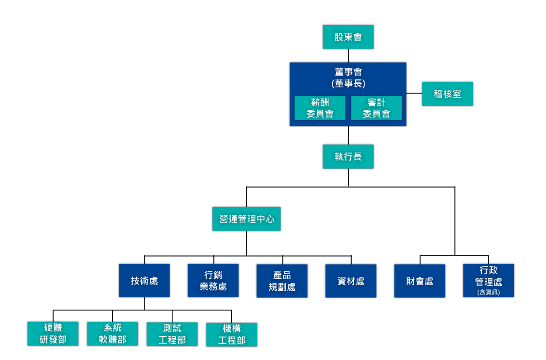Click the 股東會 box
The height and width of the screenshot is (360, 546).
point(348,37)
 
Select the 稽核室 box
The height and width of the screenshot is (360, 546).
point(447,94)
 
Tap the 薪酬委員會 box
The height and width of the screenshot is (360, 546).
point(320,108)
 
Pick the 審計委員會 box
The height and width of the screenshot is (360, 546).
point(376,108)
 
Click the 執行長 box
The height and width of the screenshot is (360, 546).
point(348,156)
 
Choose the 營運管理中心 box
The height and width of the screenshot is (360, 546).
point(246,219)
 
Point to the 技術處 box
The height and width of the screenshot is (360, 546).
point(144,280)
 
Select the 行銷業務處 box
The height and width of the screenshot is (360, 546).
point(213,280)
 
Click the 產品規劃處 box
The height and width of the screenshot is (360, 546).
point(282,280)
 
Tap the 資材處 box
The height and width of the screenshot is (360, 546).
point(351,280)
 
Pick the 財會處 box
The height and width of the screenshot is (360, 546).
point(420,280)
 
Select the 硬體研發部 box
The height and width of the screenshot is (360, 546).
point(53,333)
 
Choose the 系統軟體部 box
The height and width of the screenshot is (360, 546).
point(113,333)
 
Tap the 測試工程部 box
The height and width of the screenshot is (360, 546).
point(172,333)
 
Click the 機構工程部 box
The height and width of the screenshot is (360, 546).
point(232,334)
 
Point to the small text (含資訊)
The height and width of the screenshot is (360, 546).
point(489,292)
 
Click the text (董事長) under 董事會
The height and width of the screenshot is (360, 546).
point(348,83)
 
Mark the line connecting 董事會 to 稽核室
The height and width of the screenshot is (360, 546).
point(414,93)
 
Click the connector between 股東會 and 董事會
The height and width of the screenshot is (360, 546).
point(348,56)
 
